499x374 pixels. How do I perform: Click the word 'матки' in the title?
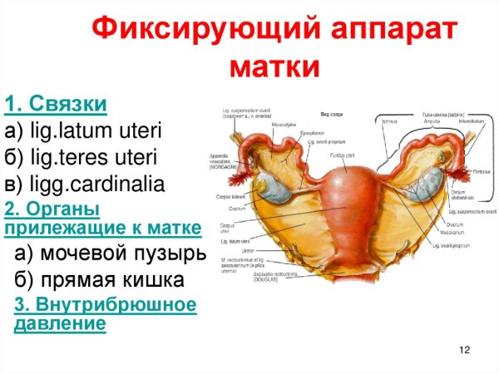pos(274,65)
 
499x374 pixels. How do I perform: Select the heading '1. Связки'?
pos(56,105)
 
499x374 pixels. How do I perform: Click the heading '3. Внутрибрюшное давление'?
pos(106,314)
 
